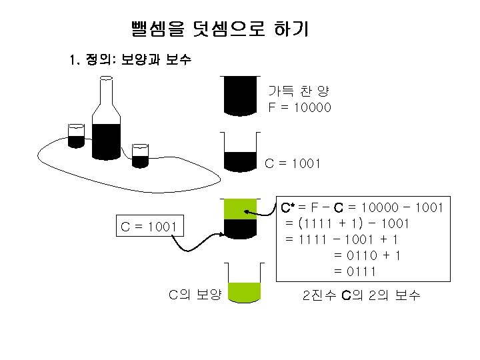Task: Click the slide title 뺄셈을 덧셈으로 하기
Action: coord(220,30)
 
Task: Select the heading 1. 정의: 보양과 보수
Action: coord(131,61)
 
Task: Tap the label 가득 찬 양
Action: coord(298,91)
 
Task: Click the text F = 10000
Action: coord(299,107)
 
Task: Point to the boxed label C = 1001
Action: coord(149,227)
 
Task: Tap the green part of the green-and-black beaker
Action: coord(240,209)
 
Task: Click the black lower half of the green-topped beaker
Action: coord(240,228)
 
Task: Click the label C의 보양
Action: coord(195,293)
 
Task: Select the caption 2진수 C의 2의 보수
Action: coord(361,295)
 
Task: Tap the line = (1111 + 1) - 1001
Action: coord(347,223)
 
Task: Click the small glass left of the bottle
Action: coord(75,136)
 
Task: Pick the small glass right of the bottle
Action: coord(139,156)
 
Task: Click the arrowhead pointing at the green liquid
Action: coord(249,211)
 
